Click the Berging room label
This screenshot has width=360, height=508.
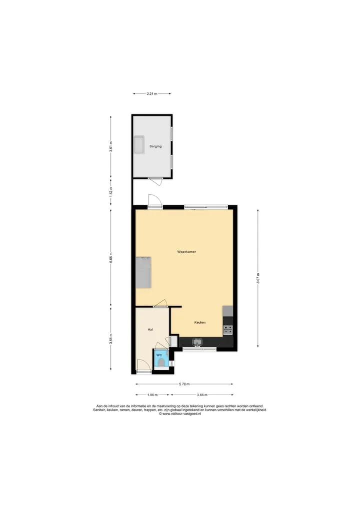(x=155, y=146)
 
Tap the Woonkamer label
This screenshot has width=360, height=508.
(x=186, y=252)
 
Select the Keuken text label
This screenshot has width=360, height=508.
(x=200, y=322)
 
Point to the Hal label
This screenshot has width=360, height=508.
(x=150, y=330)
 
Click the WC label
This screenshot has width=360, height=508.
(x=159, y=355)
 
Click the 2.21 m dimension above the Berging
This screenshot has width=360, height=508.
(x=152, y=93)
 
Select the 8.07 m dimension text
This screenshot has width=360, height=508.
(x=258, y=278)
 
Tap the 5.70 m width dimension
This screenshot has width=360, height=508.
(x=184, y=384)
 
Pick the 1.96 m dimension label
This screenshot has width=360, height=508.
(x=152, y=395)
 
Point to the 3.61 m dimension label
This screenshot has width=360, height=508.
(x=111, y=147)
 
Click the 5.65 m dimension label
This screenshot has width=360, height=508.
(x=111, y=258)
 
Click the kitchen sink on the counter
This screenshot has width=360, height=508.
(x=197, y=342)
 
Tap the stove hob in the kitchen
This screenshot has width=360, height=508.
(x=228, y=330)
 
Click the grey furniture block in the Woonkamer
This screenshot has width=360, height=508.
(x=143, y=272)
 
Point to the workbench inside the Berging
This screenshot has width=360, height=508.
(x=139, y=144)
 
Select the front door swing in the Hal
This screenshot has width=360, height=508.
(x=143, y=366)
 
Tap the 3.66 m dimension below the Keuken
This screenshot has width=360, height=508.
(x=202, y=395)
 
